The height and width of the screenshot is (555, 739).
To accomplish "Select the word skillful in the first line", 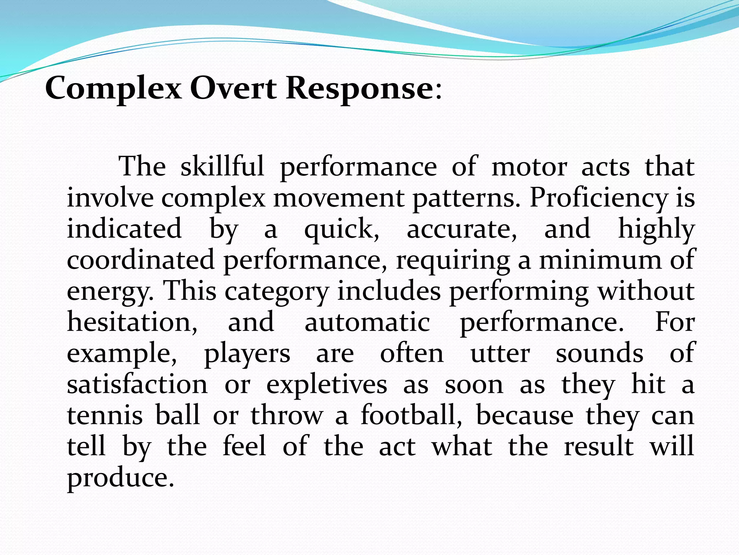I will (x=222, y=167).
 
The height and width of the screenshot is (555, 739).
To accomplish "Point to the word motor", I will (x=529, y=167).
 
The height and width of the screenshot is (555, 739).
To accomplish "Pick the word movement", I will (x=338, y=198).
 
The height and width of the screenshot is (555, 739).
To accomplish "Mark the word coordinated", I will (x=141, y=260).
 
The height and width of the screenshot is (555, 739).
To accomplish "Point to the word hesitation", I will (x=132, y=322).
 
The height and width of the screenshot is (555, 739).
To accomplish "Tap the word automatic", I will (x=367, y=322).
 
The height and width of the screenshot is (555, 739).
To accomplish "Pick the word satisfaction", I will (x=137, y=384).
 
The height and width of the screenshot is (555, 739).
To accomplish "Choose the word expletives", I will (x=327, y=385).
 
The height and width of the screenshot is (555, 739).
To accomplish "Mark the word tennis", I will (x=105, y=415).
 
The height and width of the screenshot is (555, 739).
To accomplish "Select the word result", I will (x=599, y=446).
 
